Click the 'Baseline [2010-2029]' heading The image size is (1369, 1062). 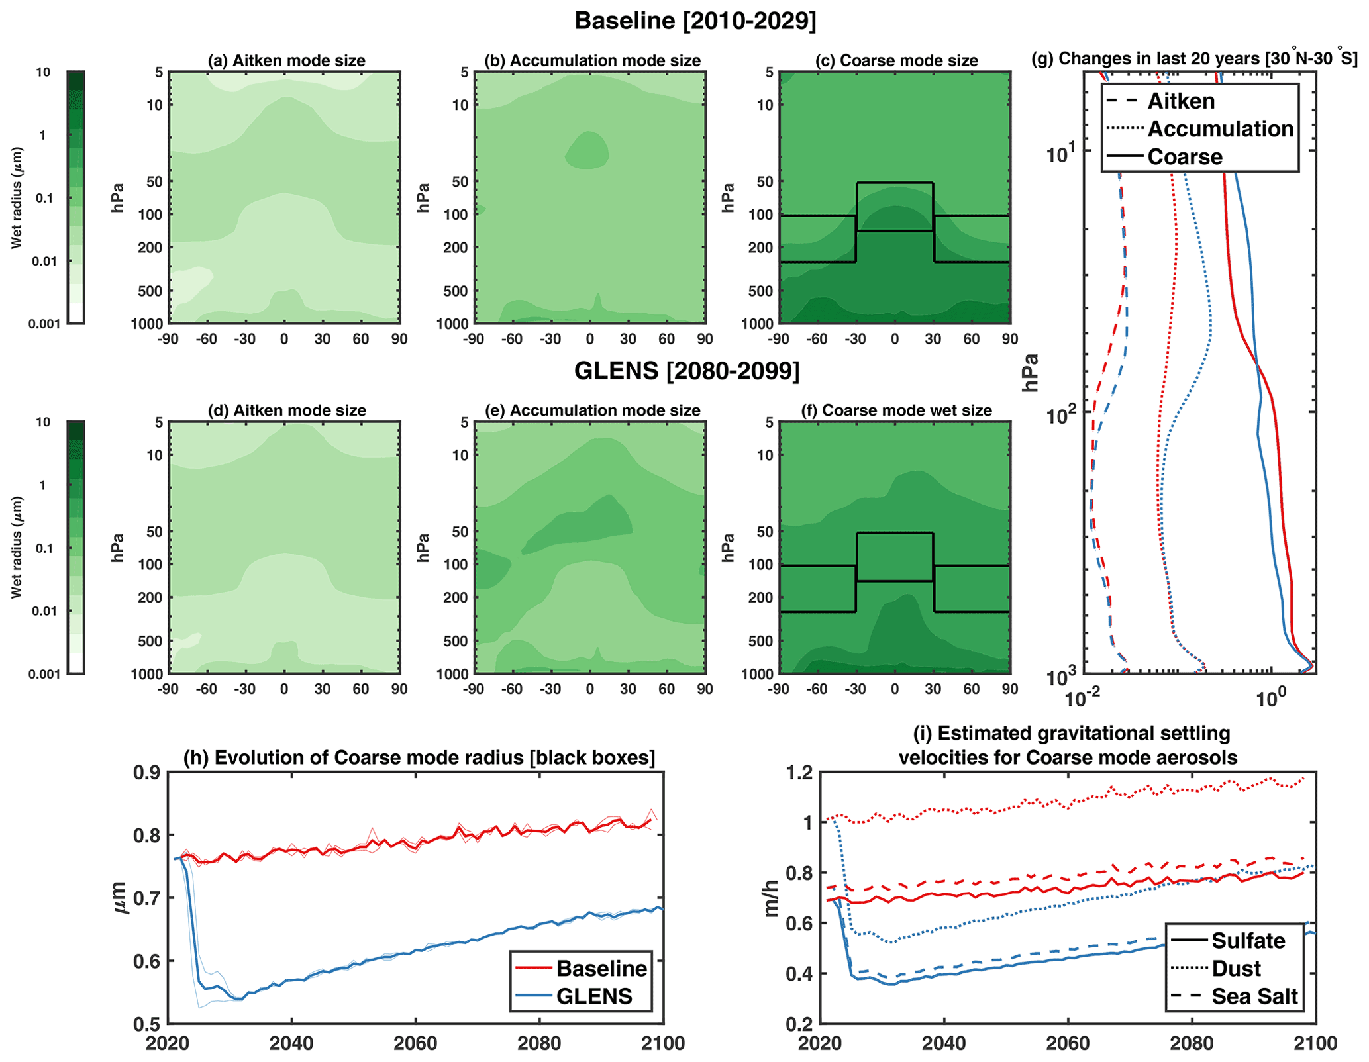tap(695, 21)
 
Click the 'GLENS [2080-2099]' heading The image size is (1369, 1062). tap(687, 371)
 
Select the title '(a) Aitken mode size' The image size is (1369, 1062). tap(286, 61)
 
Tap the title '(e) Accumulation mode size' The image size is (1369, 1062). tap(592, 411)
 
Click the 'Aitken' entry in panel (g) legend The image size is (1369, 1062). tap(1181, 101)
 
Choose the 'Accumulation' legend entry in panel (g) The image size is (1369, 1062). tap(1220, 129)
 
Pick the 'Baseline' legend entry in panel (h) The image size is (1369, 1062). tap(601, 969)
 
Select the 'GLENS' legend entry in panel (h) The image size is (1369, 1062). tap(594, 996)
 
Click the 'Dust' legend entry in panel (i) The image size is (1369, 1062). tap(1236, 969)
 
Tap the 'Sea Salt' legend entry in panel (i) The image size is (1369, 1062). tap(1254, 997)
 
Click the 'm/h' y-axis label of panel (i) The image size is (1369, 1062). tap(771, 898)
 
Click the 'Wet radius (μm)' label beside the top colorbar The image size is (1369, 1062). tap(17, 197)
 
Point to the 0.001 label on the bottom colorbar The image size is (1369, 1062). tap(44, 674)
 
